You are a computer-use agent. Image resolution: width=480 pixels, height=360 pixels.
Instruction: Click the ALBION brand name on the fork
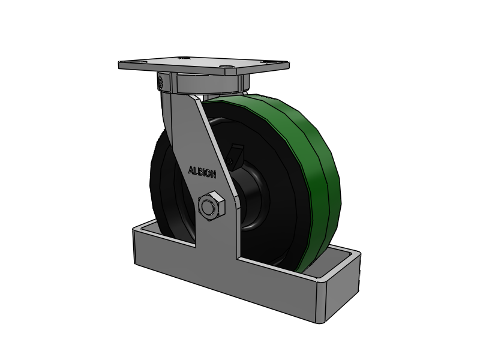(202, 172)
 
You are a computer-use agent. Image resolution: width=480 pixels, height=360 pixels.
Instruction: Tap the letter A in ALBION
(191, 170)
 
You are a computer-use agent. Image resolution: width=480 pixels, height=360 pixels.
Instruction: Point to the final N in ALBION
(214, 175)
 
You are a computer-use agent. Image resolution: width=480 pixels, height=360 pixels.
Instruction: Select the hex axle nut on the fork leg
(211, 206)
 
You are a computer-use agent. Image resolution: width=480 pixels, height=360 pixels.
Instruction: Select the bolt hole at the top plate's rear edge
(183, 57)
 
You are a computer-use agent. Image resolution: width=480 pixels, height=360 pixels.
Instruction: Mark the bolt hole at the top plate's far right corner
(264, 62)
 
